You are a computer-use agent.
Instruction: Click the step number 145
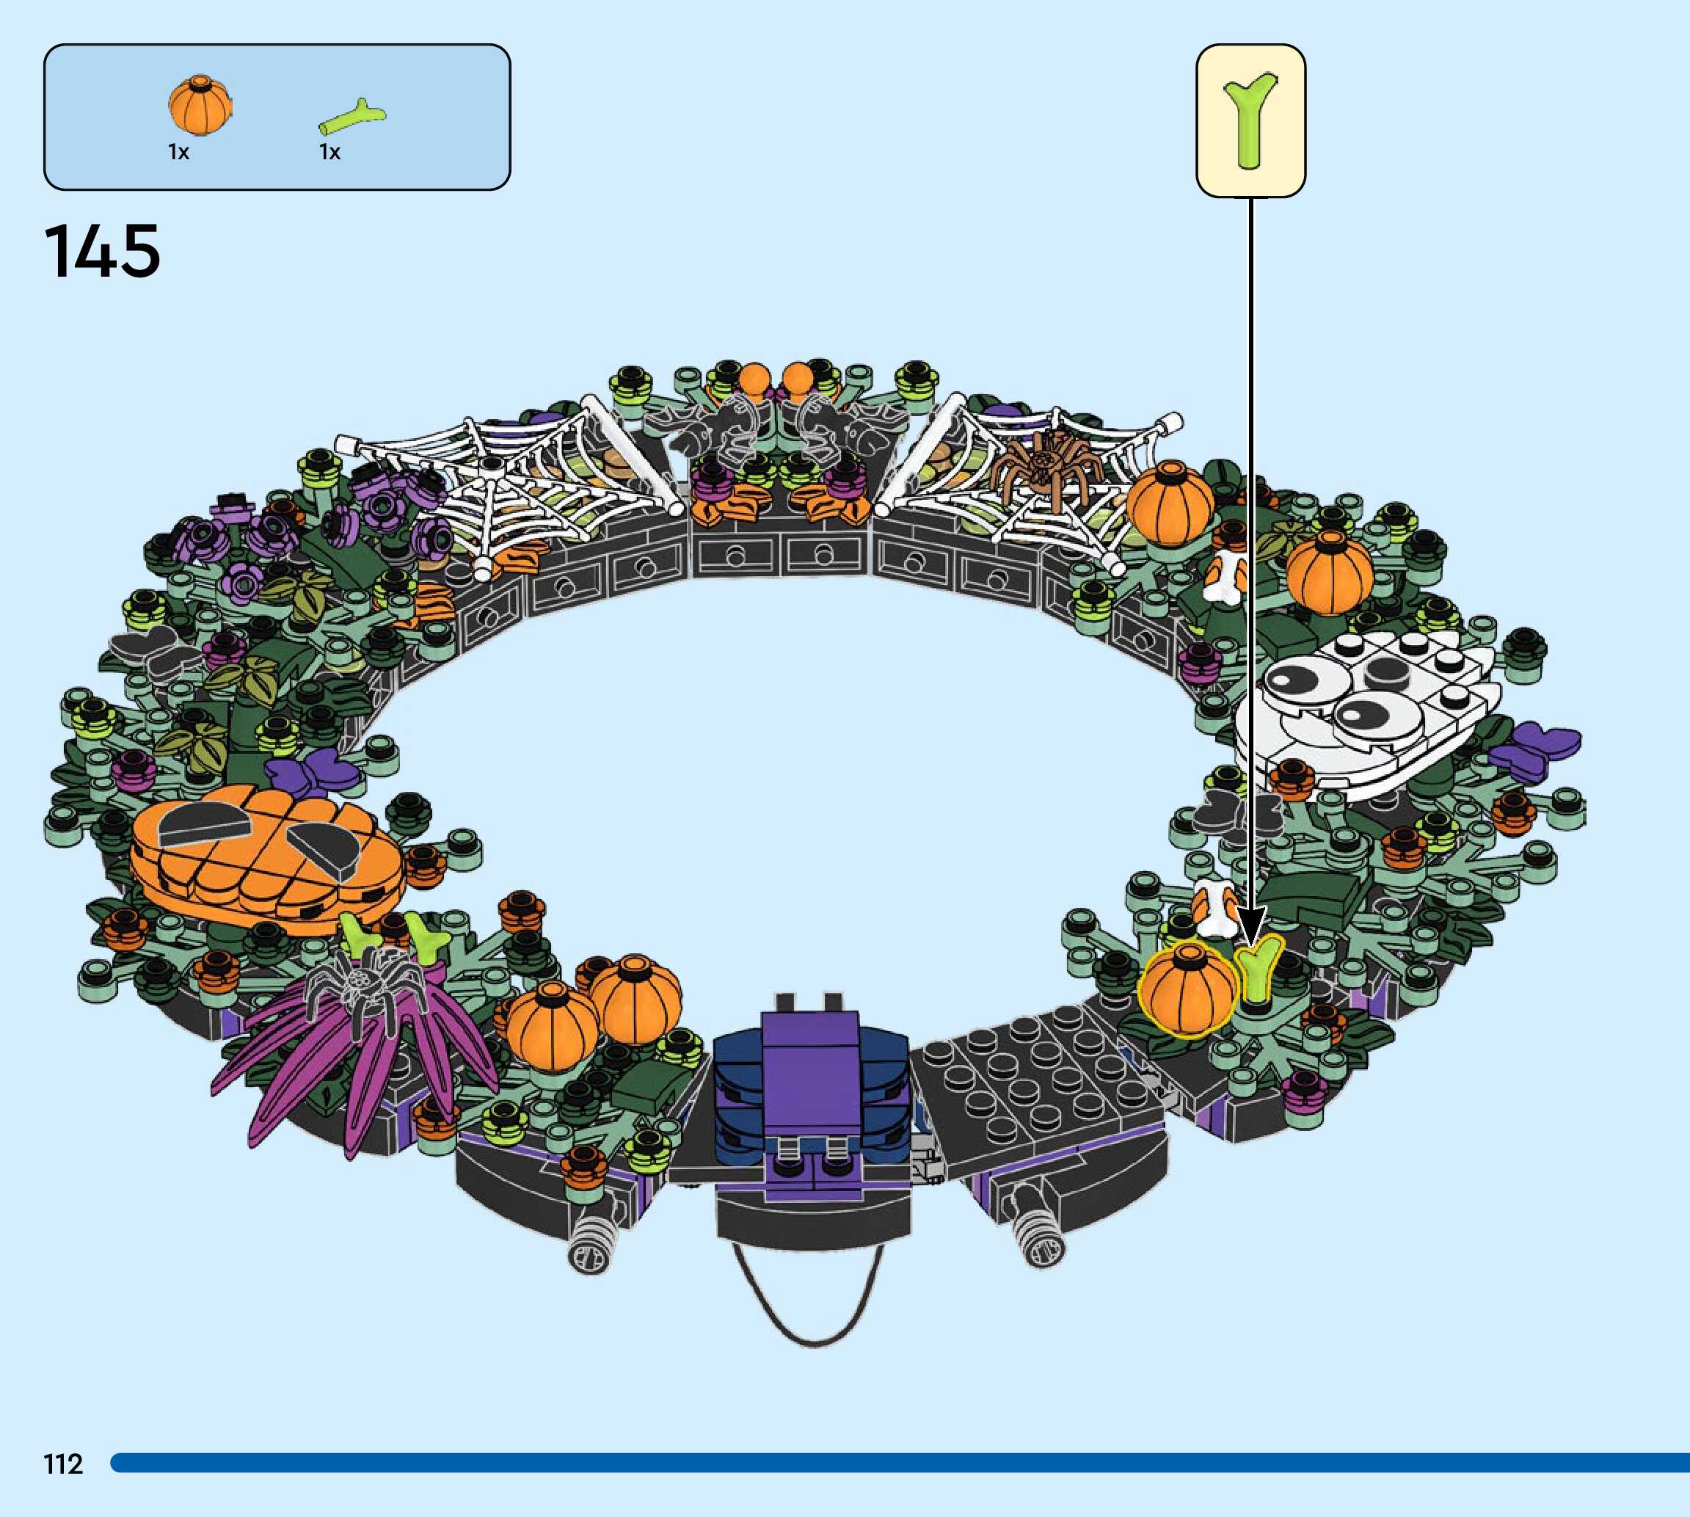point(102,251)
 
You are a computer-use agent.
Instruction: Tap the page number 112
point(63,1463)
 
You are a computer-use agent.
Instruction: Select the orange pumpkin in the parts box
point(200,105)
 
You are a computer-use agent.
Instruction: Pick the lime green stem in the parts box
point(352,119)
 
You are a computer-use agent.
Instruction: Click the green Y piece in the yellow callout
point(1249,120)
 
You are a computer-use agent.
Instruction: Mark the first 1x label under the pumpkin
point(178,152)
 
